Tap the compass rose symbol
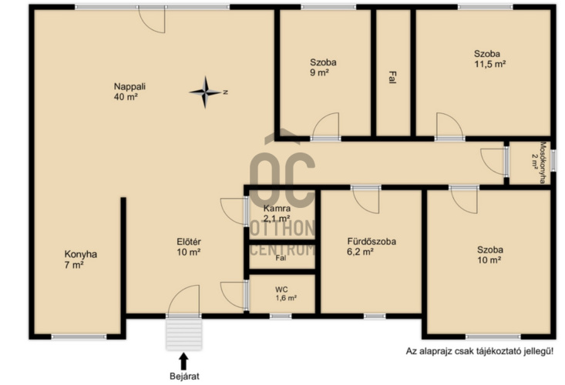pos(205,92)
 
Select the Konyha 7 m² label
pos(80,259)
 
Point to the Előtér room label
pos(189,247)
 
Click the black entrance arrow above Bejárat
pos(183,361)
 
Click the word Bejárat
pos(184,377)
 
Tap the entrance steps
pos(183,334)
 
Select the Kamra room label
pos(277,213)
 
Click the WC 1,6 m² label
pos(286,293)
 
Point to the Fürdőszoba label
pos(372,246)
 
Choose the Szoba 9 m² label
pos(323,67)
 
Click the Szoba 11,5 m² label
pos(489,59)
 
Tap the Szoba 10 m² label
pos(490,255)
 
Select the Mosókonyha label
pos(539,162)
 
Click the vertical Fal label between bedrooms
pos(392,77)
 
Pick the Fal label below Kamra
pos(281,258)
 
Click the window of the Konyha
pos(79,336)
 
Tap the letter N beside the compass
pos(226,92)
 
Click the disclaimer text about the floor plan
pos(479,351)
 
